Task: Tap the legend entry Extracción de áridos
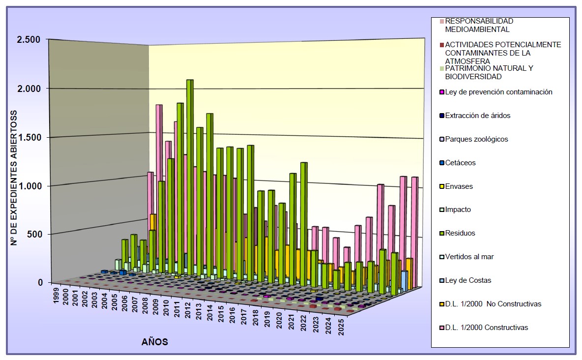[x=477, y=116]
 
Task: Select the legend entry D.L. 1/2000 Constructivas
[x=486, y=328]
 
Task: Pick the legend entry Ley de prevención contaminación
[x=498, y=92]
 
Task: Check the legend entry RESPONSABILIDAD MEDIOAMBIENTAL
[x=479, y=25]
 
